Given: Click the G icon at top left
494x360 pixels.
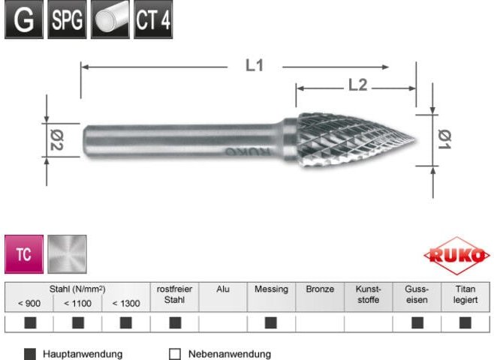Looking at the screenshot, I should (23, 20).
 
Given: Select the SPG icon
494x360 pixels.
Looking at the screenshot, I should (66, 20).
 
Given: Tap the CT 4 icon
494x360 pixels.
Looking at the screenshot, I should (152, 20).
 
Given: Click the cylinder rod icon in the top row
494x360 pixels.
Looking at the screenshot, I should (110, 20).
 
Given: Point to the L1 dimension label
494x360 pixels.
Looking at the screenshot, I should (255, 66).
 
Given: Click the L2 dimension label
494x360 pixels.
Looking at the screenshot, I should (357, 86).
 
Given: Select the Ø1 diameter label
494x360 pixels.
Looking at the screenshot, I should (444, 139).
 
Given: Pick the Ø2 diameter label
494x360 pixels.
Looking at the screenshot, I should (56, 140).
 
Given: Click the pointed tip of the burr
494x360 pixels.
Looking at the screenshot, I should (414, 140).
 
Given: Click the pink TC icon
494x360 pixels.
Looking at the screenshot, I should (24, 254).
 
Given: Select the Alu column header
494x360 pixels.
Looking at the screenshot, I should (223, 289).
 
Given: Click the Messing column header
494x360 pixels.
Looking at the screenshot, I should (271, 289).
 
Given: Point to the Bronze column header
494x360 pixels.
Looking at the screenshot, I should (320, 289).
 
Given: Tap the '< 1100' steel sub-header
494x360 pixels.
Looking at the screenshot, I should (77, 303).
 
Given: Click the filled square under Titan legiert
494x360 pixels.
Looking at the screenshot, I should (465, 323).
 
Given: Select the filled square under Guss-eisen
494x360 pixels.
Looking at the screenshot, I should (417, 323).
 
